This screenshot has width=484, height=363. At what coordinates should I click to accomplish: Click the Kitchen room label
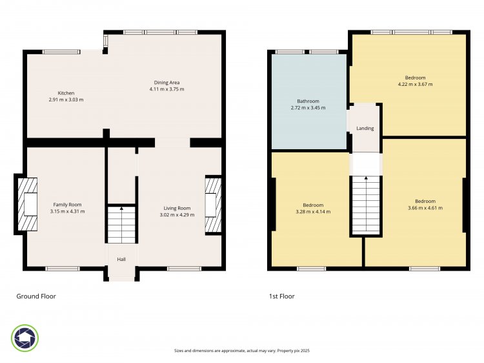pos(66,93)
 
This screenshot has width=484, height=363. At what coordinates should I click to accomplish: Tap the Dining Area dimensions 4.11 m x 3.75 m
pos(166,89)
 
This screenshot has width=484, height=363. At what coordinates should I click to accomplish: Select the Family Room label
pos(67,205)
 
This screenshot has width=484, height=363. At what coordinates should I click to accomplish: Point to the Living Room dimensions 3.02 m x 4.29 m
pos(177,214)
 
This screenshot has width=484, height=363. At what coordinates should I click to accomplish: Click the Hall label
pos(121,259)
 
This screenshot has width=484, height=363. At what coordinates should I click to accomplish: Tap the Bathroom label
pos(308,101)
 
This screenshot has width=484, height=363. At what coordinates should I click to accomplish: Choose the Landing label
pos(365,128)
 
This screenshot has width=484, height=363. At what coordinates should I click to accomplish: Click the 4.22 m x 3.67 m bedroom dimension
pos(415,84)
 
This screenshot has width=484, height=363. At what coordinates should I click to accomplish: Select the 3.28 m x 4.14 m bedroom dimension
pos(313,212)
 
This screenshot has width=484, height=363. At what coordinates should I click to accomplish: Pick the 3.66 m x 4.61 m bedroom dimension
pos(425,208)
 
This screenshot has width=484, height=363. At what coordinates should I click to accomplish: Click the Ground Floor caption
pos(36,296)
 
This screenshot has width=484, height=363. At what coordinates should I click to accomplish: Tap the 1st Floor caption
pos(282,296)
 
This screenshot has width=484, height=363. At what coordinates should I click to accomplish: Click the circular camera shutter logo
pos(25,338)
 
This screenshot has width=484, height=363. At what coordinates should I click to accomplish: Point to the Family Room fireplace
pos(28,204)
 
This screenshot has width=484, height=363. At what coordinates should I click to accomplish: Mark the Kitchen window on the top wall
pos(61,52)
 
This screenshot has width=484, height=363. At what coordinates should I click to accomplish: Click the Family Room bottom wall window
pos(63,269)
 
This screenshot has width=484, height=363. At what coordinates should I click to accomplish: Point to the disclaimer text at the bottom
pos(242,351)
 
